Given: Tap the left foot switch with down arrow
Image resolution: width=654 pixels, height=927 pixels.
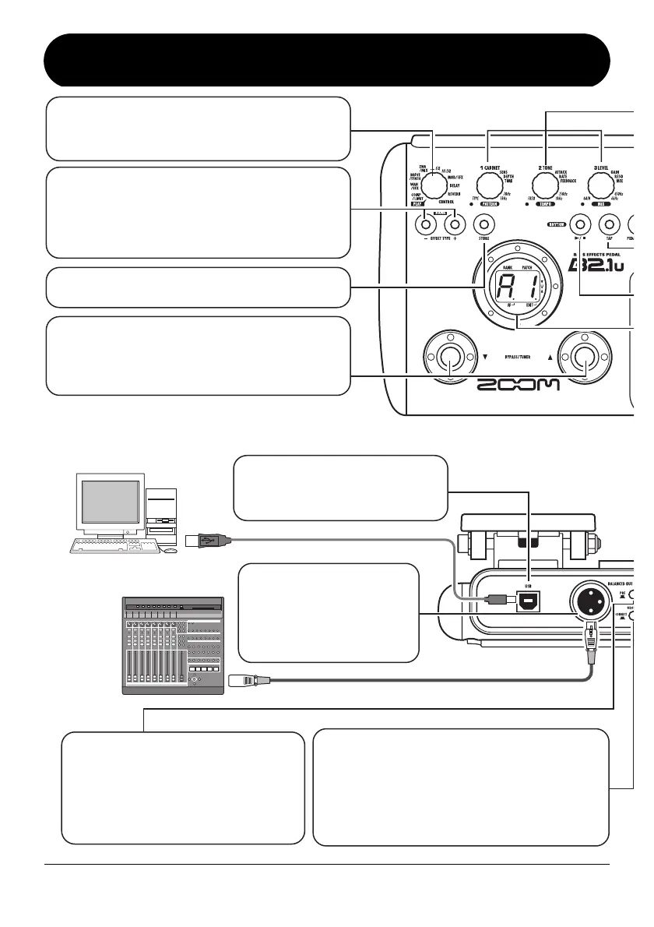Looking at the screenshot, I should (x=448, y=358).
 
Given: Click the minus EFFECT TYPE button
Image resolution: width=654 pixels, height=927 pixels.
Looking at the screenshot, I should (x=425, y=226).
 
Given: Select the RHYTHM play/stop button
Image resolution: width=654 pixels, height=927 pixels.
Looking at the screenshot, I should (x=578, y=224).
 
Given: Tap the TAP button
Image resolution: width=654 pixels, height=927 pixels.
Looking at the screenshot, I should (x=610, y=224).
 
